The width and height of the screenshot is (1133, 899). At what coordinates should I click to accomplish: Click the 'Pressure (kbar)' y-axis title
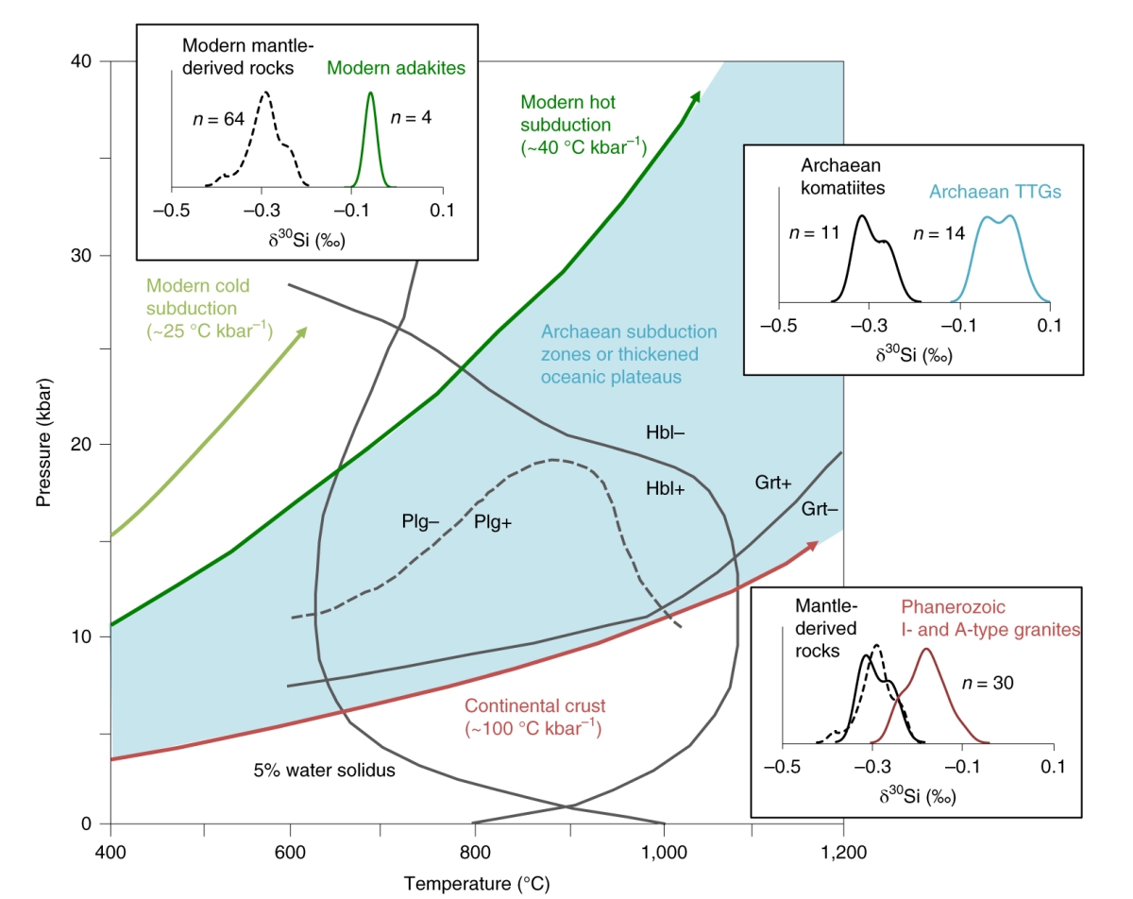point(44,442)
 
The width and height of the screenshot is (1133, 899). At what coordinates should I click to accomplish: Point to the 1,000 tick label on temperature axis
point(664,853)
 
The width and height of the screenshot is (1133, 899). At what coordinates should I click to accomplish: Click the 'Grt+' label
point(773,483)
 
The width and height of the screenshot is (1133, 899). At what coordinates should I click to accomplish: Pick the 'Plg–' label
point(420,521)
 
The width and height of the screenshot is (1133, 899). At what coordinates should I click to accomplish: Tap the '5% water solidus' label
point(324,770)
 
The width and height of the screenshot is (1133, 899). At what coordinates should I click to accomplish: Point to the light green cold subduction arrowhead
point(303,331)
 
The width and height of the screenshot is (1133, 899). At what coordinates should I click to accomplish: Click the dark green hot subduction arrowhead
point(696,95)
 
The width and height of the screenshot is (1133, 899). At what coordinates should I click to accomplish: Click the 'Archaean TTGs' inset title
point(995,191)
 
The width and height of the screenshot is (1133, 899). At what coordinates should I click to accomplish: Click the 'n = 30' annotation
point(988,683)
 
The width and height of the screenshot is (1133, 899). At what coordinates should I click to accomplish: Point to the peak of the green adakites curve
point(370,93)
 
